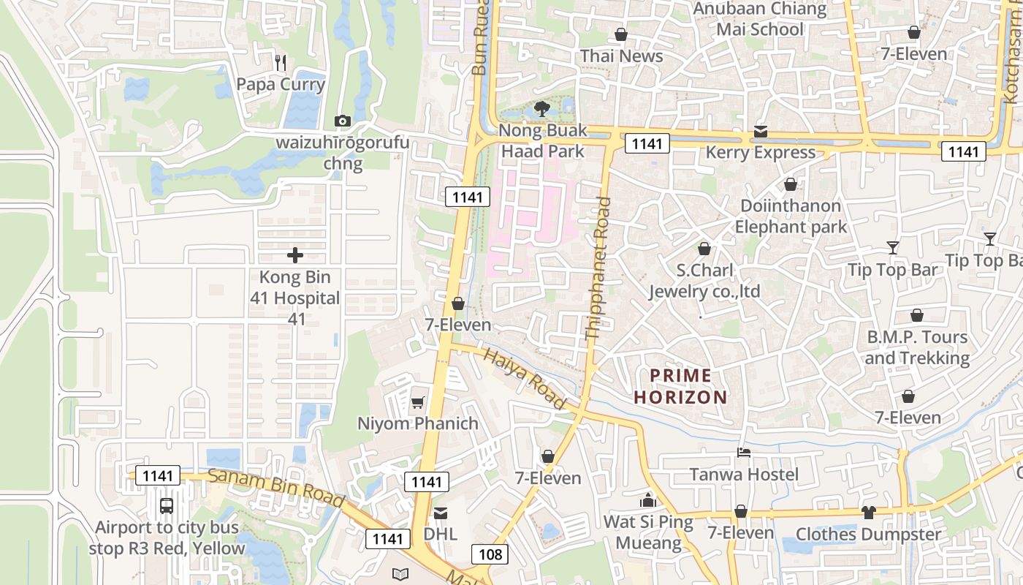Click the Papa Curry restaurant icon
coord(281,63)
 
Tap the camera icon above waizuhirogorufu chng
coord(342,121)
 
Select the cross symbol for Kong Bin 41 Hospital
coord(295,255)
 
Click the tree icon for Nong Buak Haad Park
coord(541,109)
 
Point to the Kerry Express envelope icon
coord(761,132)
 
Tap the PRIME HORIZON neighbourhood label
coord(680,386)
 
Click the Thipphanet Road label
coord(598,268)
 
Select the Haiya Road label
coord(525,379)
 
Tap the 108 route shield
coord(490,554)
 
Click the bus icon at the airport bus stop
coord(167,505)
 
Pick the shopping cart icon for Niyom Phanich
coord(417,402)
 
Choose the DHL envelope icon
coord(441,513)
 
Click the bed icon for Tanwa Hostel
coord(744,453)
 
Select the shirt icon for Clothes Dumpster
coord(868,513)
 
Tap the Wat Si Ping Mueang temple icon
coord(648,501)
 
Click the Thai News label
coord(622,56)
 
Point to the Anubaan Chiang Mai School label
coord(760,19)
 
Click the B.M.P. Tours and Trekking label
coord(917,347)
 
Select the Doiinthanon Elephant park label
coord(791,216)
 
